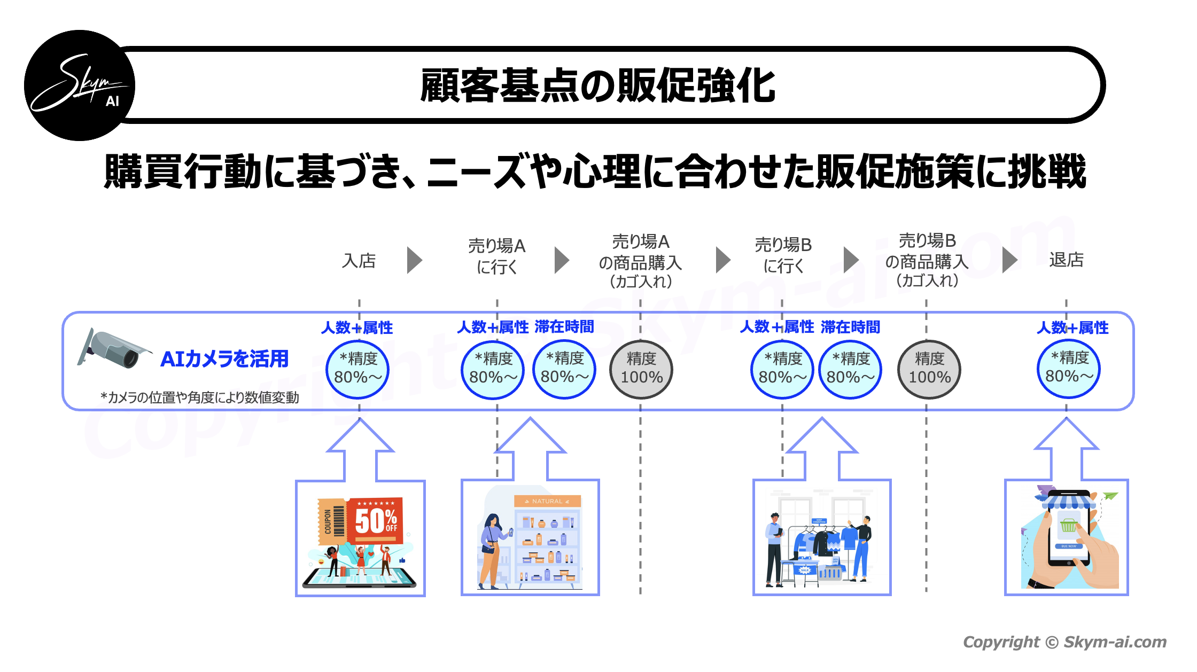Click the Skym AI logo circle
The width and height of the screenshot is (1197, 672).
click(80, 85)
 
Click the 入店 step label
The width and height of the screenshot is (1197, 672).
click(359, 261)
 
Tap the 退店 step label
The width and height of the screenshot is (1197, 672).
click(1066, 260)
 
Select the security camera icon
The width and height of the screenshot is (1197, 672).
click(113, 349)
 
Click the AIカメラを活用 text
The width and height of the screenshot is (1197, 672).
click(224, 358)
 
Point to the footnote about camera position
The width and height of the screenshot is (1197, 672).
click(199, 397)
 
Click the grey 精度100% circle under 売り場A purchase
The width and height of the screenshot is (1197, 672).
click(641, 369)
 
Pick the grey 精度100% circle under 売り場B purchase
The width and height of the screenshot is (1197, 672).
click(929, 369)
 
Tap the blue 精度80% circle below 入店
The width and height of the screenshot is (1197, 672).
click(357, 369)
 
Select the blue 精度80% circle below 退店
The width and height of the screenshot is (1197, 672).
click(1069, 369)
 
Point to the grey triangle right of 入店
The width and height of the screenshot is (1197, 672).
click(414, 260)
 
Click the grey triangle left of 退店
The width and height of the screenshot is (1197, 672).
click(1009, 260)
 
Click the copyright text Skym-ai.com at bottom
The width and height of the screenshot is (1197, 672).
click(1064, 642)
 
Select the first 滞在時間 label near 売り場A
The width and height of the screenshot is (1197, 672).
click(564, 326)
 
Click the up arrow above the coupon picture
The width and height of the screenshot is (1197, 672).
click(361, 449)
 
